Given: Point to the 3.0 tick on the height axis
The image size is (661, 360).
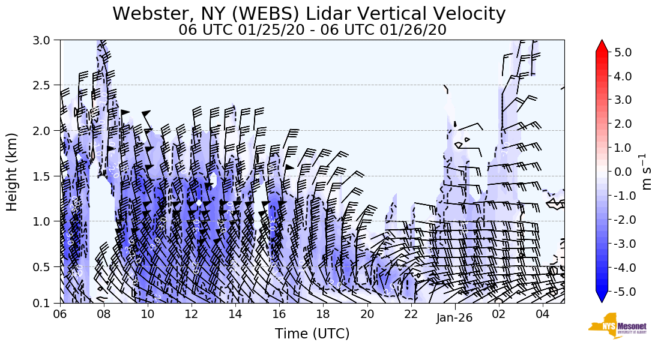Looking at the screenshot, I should pos(46,40).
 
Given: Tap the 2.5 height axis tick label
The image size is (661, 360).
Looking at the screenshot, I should pos(46,85).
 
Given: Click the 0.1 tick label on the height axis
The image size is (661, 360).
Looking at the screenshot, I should pos(46,303).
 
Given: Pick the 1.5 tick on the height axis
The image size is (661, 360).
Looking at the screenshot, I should pos(46,176).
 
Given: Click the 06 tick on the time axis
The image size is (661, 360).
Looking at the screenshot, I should pos(60,314).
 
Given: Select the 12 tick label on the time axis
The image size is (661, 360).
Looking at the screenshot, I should pos(192,314).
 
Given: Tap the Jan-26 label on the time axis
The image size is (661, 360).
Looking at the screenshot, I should pos(454,317).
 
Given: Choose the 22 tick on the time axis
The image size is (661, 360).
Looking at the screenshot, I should pos(411,314).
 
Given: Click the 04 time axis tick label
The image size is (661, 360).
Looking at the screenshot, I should pos(542,314).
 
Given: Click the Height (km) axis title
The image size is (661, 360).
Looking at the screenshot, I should pos(13,172).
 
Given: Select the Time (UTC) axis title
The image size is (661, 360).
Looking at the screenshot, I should pos(312,334).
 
